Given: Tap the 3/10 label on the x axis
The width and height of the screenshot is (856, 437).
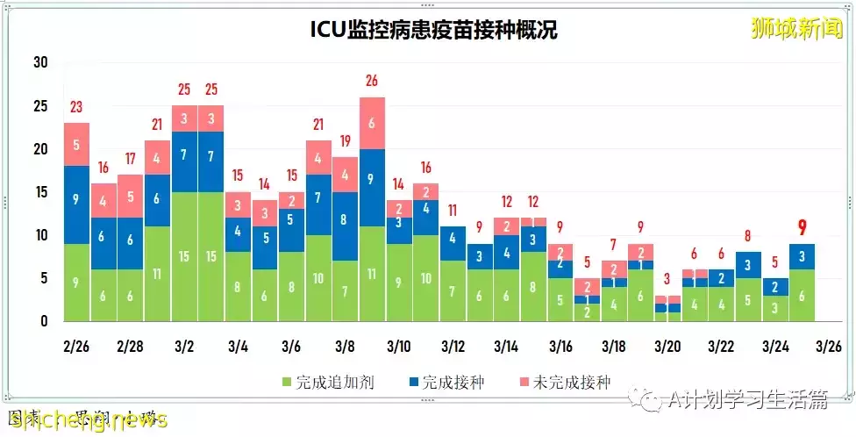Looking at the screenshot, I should tap(399, 346).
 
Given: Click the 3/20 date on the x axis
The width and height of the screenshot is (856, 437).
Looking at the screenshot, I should tap(668, 346).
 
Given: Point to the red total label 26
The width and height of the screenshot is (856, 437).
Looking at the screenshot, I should tap(372, 81).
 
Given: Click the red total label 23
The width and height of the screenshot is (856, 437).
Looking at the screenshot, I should tap(76, 107).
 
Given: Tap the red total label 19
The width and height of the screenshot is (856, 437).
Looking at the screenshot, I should tap(345, 140).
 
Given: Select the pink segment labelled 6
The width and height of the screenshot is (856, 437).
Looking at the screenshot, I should tap(372, 123).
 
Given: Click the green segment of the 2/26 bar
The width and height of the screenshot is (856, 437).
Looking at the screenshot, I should tap(76, 283).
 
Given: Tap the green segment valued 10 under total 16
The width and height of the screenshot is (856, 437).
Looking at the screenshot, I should tap(425, 278).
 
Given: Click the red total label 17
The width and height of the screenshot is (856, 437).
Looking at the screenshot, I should tap(130, 159).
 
